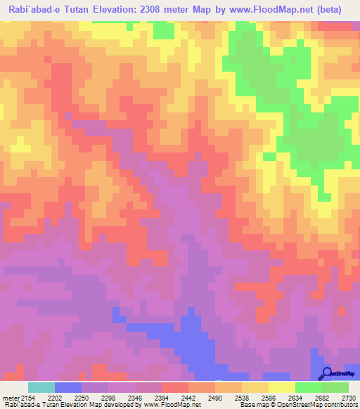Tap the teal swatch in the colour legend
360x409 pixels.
[41, 387]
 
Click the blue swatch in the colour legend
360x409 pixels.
[68, 387]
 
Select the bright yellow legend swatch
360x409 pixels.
[282, 387]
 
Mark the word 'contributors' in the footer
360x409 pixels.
[339, 405]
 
